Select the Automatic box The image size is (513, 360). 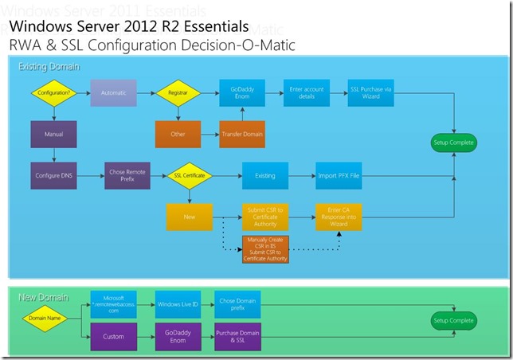tap(113, 93)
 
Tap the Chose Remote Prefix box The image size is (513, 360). tap(126, 174)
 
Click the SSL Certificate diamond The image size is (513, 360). tap(190, 174)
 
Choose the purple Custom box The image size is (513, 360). tap(113, 336)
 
